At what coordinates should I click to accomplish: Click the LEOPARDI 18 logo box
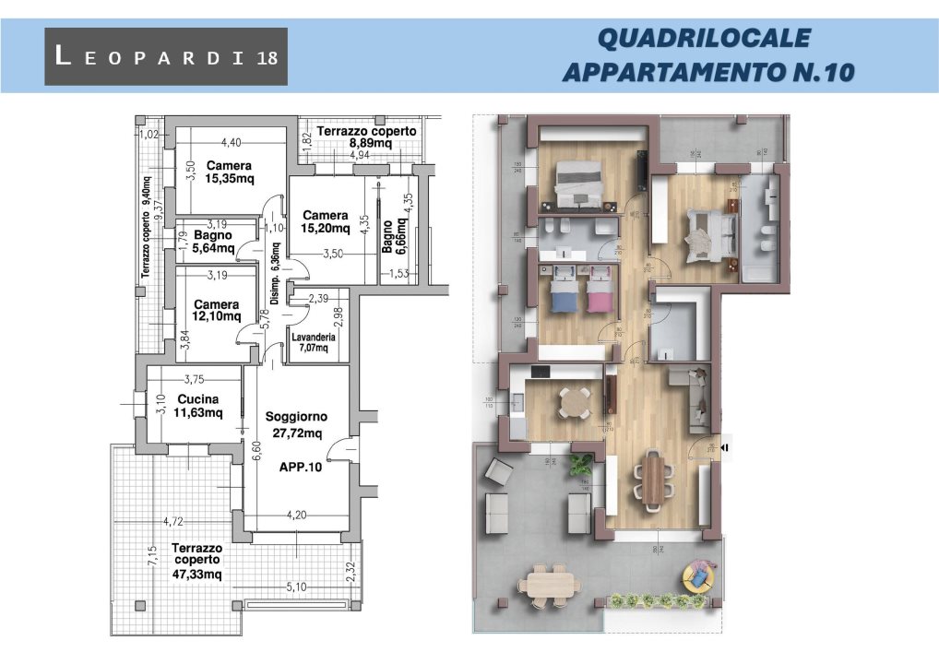click(x=166, y=56)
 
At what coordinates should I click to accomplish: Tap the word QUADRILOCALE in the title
click(x=704, y=38)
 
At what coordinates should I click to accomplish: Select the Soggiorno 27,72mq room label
click(x=294, y=425)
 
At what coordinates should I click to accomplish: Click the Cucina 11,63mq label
click(x=199, y=406)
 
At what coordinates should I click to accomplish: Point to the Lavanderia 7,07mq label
click(x=314, y=343)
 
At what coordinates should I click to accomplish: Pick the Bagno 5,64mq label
click(x=213, y=242)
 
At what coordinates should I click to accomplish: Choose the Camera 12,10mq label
click(x=216, y=311)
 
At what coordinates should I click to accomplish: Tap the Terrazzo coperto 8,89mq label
click(x=366, y=137)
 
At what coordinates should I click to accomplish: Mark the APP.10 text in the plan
click(x=301, y=467)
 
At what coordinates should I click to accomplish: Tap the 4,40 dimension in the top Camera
click(x=231, y=142)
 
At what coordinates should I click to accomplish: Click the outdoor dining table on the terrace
click(x=551, y=584)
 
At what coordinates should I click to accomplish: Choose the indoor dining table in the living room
click(x=652, y=478)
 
